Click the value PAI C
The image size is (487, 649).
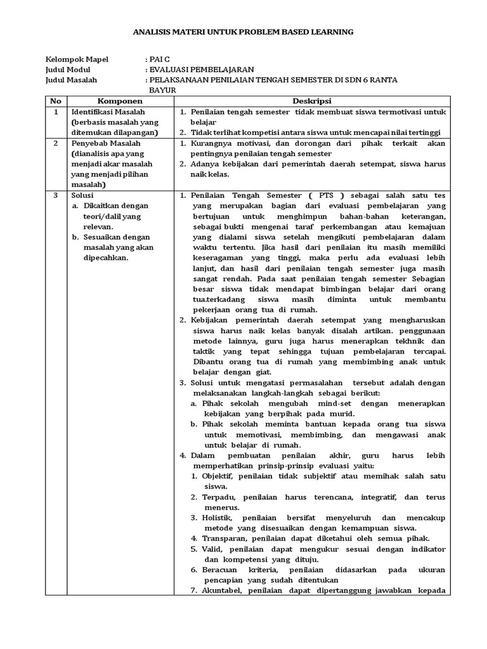coord(159,60)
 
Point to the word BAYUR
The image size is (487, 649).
coord(162,91)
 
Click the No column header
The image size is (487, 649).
coord(56,101)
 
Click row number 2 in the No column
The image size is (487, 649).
coord(56,143)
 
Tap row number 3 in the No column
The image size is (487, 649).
coord(56,196)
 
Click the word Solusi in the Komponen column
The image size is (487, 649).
coord(83,196)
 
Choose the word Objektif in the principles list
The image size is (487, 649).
coord(218,476)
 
